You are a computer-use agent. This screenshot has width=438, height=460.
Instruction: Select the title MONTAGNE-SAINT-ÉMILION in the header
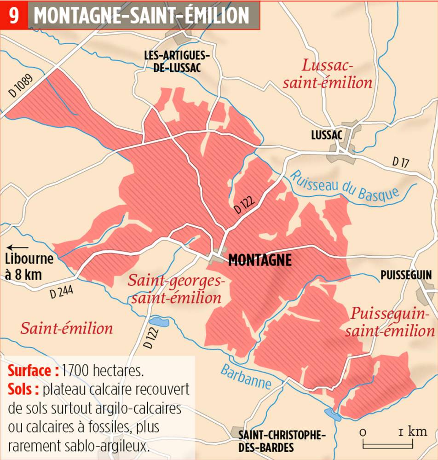(x=142, y=15)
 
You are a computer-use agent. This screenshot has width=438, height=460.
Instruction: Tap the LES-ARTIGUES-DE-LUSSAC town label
(x=177, y=61)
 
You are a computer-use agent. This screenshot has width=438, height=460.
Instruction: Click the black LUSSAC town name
(x=327, y=135)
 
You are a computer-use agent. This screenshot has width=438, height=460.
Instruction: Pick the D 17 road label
(x=400, y=162)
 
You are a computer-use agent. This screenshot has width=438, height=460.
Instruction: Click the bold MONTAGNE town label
(x=260, y=260)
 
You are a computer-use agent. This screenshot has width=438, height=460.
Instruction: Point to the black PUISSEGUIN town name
(x=406, y=275)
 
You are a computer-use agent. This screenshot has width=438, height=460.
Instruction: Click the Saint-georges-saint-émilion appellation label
(x=175, y=289)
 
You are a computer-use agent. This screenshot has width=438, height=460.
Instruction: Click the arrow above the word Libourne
(x=17, y=247)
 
